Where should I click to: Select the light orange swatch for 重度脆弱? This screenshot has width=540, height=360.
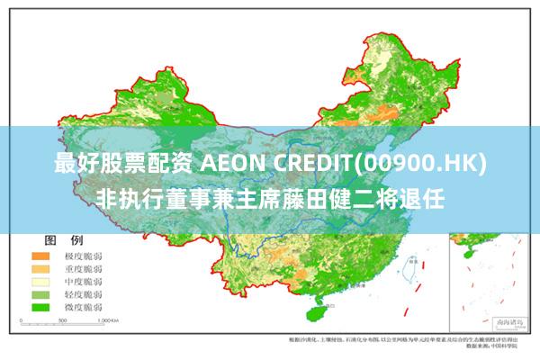pyautogui.click(x=40, y=269)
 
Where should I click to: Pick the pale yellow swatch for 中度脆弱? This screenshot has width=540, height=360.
pyautogui.click(x=40, y=282)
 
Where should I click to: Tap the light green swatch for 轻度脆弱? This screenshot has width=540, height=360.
pyautogui.click(x=40, y=294)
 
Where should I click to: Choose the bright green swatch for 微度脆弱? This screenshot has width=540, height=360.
pyautogui.click(x=40, y=307)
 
